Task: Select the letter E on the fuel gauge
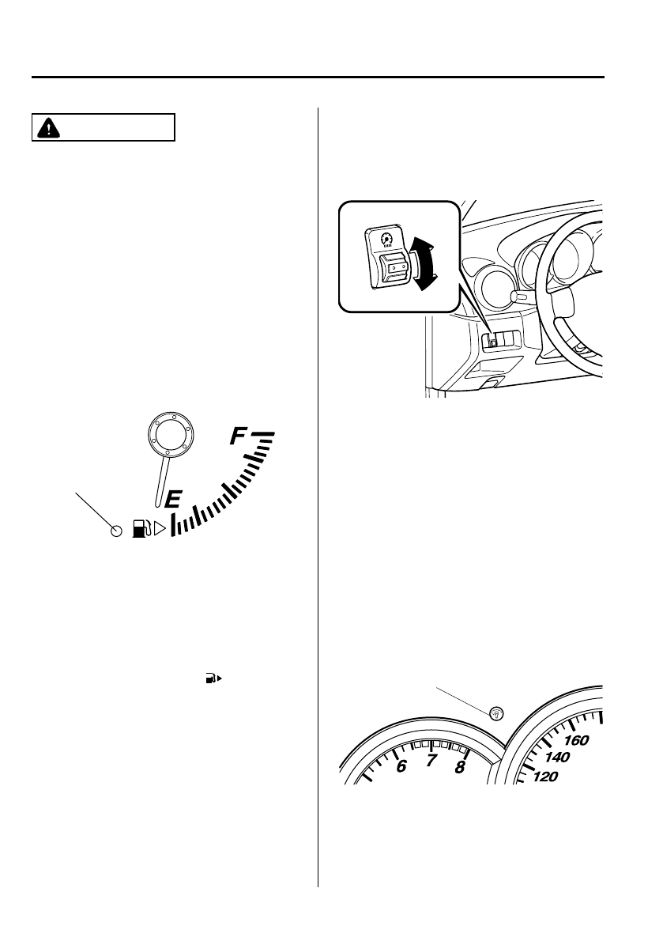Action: [173, 498]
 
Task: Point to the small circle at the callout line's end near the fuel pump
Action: [116, 531]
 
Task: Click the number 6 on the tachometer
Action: [401, 765]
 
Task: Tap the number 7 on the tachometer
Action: [431, 761]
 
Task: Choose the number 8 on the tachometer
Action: [461, 766]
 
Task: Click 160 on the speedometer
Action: [578, 741]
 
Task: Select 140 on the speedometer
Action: [557, 758]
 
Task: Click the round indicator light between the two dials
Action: [496, 713]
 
